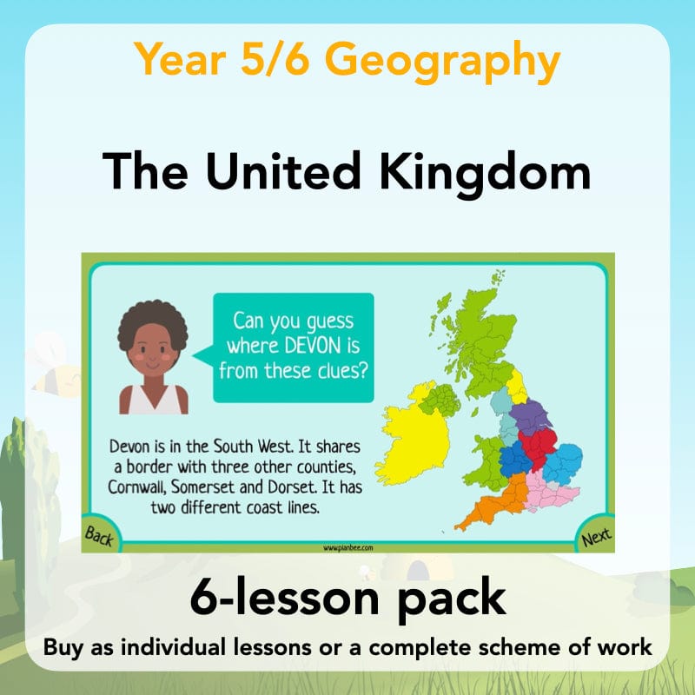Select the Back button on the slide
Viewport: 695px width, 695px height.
pyautogui.click(x=99, y=537)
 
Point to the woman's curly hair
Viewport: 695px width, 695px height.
pyautogui.click(x=153, y=325)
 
